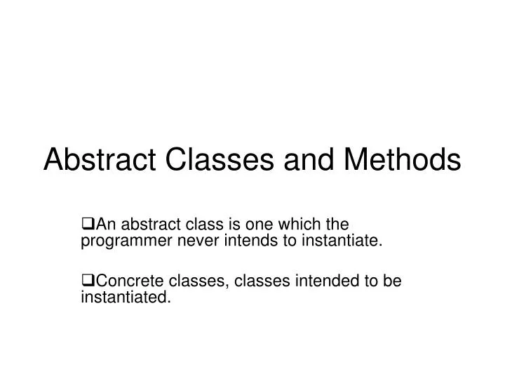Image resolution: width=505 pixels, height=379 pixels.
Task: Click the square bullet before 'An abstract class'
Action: point(87,225)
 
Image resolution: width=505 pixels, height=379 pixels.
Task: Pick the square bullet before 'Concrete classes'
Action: point(87,282)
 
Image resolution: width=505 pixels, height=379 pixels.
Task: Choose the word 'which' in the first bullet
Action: point(283,225)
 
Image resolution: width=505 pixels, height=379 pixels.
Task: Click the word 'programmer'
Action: point(119,242)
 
